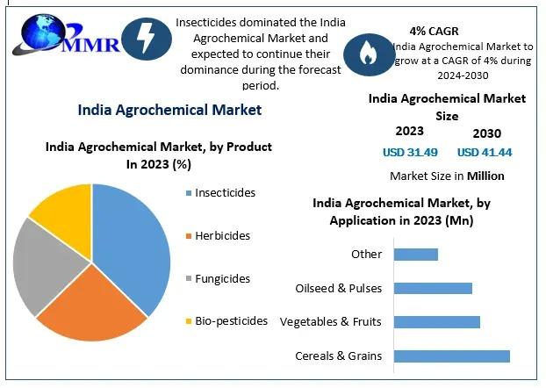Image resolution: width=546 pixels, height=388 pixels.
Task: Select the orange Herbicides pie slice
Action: (92, 312)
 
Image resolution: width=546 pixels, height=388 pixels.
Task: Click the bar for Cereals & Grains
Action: (451, 356)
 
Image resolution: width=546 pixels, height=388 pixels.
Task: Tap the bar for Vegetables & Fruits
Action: (436, 322)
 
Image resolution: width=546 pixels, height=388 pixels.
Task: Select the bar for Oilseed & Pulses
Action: (433, 288)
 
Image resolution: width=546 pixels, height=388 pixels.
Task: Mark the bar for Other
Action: (415, 255)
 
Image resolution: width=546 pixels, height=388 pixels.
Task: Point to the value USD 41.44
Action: (485, 152)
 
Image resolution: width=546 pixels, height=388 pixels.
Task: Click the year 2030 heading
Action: (486, 133)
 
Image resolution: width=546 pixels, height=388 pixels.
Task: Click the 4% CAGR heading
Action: (434, 31)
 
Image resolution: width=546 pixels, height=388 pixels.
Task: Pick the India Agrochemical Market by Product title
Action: (158, 155)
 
